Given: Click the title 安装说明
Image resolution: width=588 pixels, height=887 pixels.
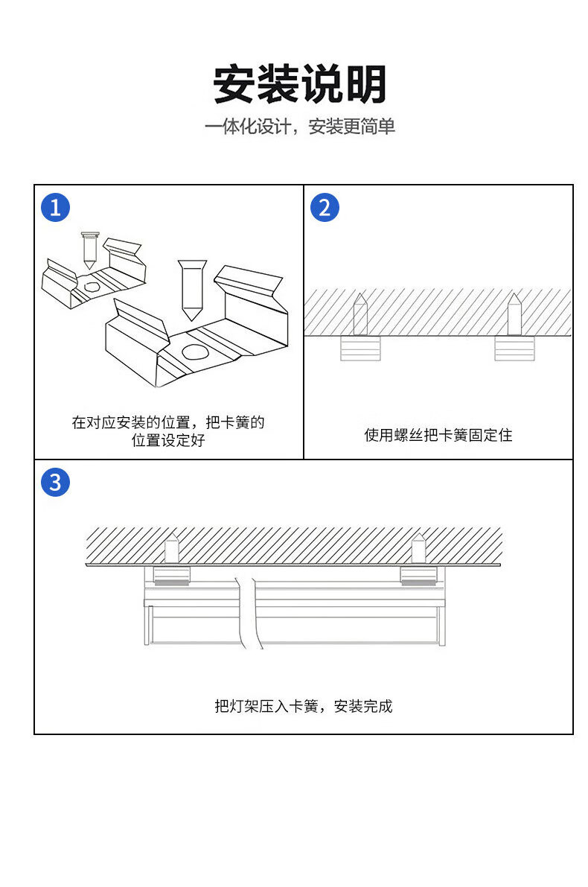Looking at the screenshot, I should click(299, 84).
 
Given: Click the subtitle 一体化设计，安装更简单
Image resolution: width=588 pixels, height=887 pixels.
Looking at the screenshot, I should click(299, 127).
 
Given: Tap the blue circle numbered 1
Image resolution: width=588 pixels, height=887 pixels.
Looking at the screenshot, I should click(55, 207).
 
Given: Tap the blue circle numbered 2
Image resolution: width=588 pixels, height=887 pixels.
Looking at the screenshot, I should click(324, 207).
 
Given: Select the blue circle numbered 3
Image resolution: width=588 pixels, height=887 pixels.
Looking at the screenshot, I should click(55, 482).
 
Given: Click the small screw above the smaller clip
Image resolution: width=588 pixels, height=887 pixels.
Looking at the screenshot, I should click(89, 249).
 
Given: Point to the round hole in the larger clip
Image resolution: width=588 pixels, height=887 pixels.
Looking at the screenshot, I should click(194, 352).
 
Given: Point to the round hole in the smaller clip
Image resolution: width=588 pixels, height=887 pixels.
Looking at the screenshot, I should click(92, 286).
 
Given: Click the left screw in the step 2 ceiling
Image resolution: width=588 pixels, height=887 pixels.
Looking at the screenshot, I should click(360, 314).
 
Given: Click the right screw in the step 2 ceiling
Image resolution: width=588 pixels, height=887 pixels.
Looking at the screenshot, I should click(514, 314).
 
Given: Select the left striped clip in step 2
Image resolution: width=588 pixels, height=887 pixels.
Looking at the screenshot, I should click(360, 349).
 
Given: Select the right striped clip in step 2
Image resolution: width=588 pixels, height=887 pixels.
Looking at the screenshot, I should click(514, 349).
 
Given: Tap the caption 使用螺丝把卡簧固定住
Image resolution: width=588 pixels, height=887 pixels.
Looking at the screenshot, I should click(438, 435).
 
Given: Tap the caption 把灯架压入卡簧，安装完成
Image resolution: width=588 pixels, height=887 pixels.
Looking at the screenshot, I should click(303, 706).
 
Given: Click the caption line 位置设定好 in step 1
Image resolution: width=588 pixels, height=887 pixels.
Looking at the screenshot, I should click(168, 440).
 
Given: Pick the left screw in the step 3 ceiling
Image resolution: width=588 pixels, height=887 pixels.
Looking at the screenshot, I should click(172, 548).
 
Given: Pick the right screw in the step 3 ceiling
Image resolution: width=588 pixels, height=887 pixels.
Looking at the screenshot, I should click(418, 548).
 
